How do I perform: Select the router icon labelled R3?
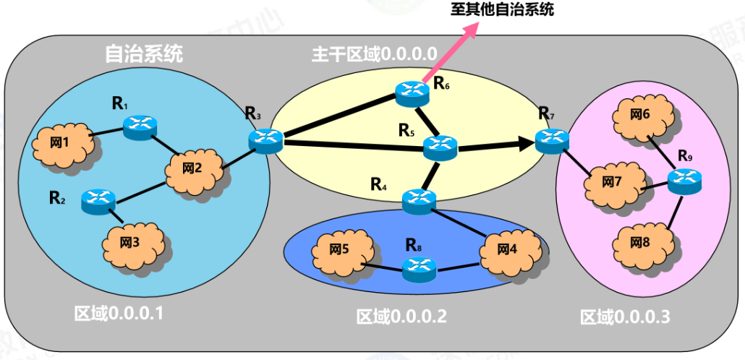[265, 140]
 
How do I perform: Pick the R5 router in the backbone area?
[440, 148]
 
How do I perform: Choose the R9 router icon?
[684, 181]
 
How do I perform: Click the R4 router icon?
[419, 200]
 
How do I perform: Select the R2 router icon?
[98, 201]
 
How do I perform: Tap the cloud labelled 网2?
[192, 169]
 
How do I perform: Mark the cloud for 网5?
[339, 250]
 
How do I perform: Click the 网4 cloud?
[508, 250]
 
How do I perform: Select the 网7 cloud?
[612, 182]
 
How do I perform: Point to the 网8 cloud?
[640, 241]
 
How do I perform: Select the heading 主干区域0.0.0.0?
[375, 54]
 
